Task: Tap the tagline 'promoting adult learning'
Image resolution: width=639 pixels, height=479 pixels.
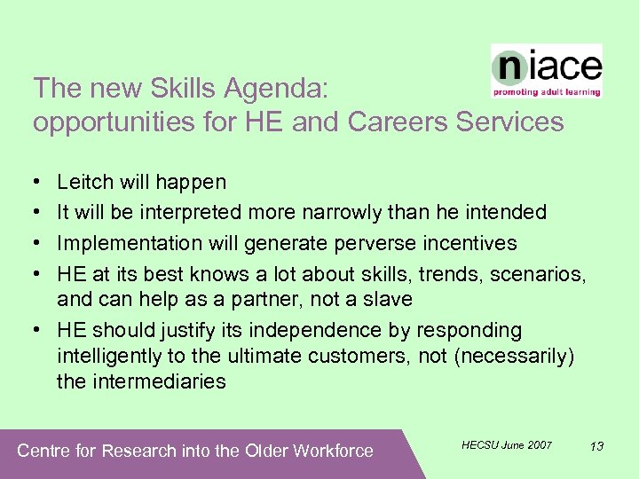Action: click(x=547, y=91)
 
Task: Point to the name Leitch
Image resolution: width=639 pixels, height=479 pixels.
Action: click(x=85, y=183)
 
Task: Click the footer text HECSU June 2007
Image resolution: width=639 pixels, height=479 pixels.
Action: click(x=507, y=444)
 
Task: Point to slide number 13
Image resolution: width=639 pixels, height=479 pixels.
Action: click(x=596, y=445)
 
